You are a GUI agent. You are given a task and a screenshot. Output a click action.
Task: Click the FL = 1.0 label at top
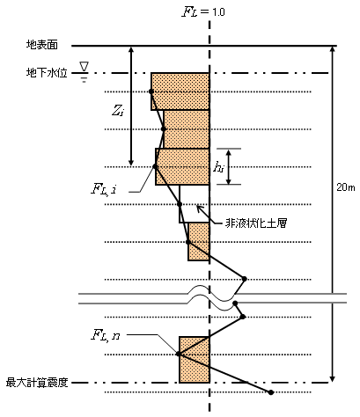pyautogui.click(x=203, y=11)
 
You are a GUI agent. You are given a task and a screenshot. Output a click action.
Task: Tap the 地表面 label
pyautogui.click(x=42, y=45)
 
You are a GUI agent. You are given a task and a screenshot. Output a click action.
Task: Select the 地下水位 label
pyautogui.click(x=47, y=73)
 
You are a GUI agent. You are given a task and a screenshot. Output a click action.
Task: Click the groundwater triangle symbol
pyautogui.click(x=84, y=67)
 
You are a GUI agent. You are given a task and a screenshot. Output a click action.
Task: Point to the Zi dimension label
pyautogui.click(x=118, y=111)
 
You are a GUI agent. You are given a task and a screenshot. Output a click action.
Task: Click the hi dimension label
pyautogui.click(x=218, y=167)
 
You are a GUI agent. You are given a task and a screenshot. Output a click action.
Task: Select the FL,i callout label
pyautogui.click(x=104, y=189)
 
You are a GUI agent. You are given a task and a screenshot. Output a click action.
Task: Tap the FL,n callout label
pyautogui.click(x=106, y=335)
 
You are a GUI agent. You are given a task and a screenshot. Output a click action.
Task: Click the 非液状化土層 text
pyautogui.click(x=256, y=223)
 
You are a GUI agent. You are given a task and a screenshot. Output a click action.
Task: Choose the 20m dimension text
pyautogui.click(x=346, y=187)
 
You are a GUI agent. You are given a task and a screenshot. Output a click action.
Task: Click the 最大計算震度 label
pyautogui.click(x=37, y=383)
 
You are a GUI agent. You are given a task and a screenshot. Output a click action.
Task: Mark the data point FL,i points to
pyautogui.click(x=155, y=166)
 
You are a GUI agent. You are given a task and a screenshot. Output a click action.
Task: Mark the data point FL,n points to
pyautogui.click(x=179, y=354)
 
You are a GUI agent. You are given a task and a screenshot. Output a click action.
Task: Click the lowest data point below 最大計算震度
pyautogui.click(x=271, y=392)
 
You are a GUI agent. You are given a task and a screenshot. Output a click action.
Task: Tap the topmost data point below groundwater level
pyautogui.click(x=151, y=91)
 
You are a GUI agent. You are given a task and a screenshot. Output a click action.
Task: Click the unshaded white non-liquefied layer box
pyautogui.click(x=195, y=204)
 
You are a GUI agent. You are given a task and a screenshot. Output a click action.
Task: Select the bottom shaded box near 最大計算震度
pyautogui.click(x=195, y=360)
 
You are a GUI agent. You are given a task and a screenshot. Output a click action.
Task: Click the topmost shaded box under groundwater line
pyautogui.click(x=180, y=91)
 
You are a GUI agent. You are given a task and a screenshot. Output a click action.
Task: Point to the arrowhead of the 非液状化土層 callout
pyautogui.click(x=197, y=207)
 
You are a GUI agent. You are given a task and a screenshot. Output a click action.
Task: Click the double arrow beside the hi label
pyautogui.click(x=229, y=166)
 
